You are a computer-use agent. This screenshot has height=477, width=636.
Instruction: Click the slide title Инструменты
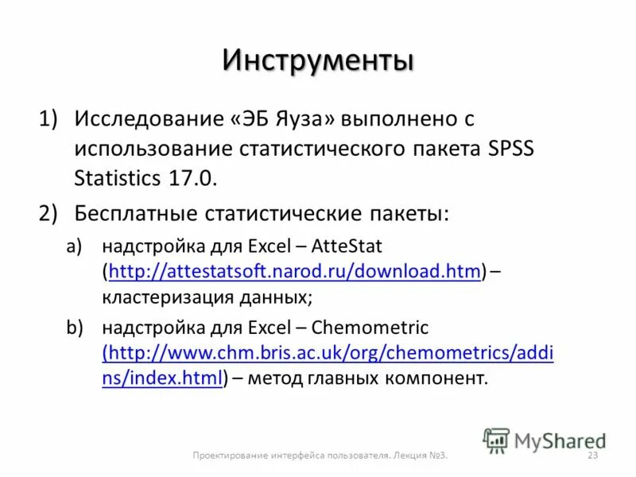[x=318, y=60]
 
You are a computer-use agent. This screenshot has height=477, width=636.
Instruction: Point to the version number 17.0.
[x=191, y=177]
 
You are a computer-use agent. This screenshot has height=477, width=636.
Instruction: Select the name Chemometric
[x=370, y=327]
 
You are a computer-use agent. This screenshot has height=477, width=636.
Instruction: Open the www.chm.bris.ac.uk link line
[x=328, y=352]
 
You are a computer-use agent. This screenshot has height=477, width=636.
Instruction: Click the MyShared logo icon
[x=496, y=440]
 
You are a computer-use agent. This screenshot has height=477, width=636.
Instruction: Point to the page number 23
[x=591, y=456]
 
